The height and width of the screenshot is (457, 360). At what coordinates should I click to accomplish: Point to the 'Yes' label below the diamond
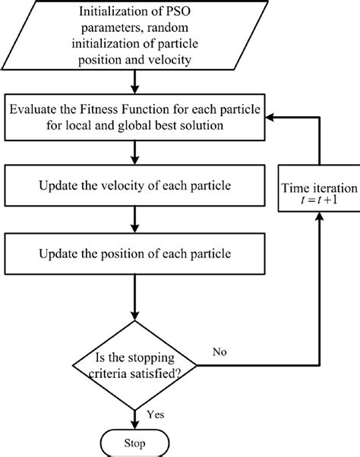[156, 414]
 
